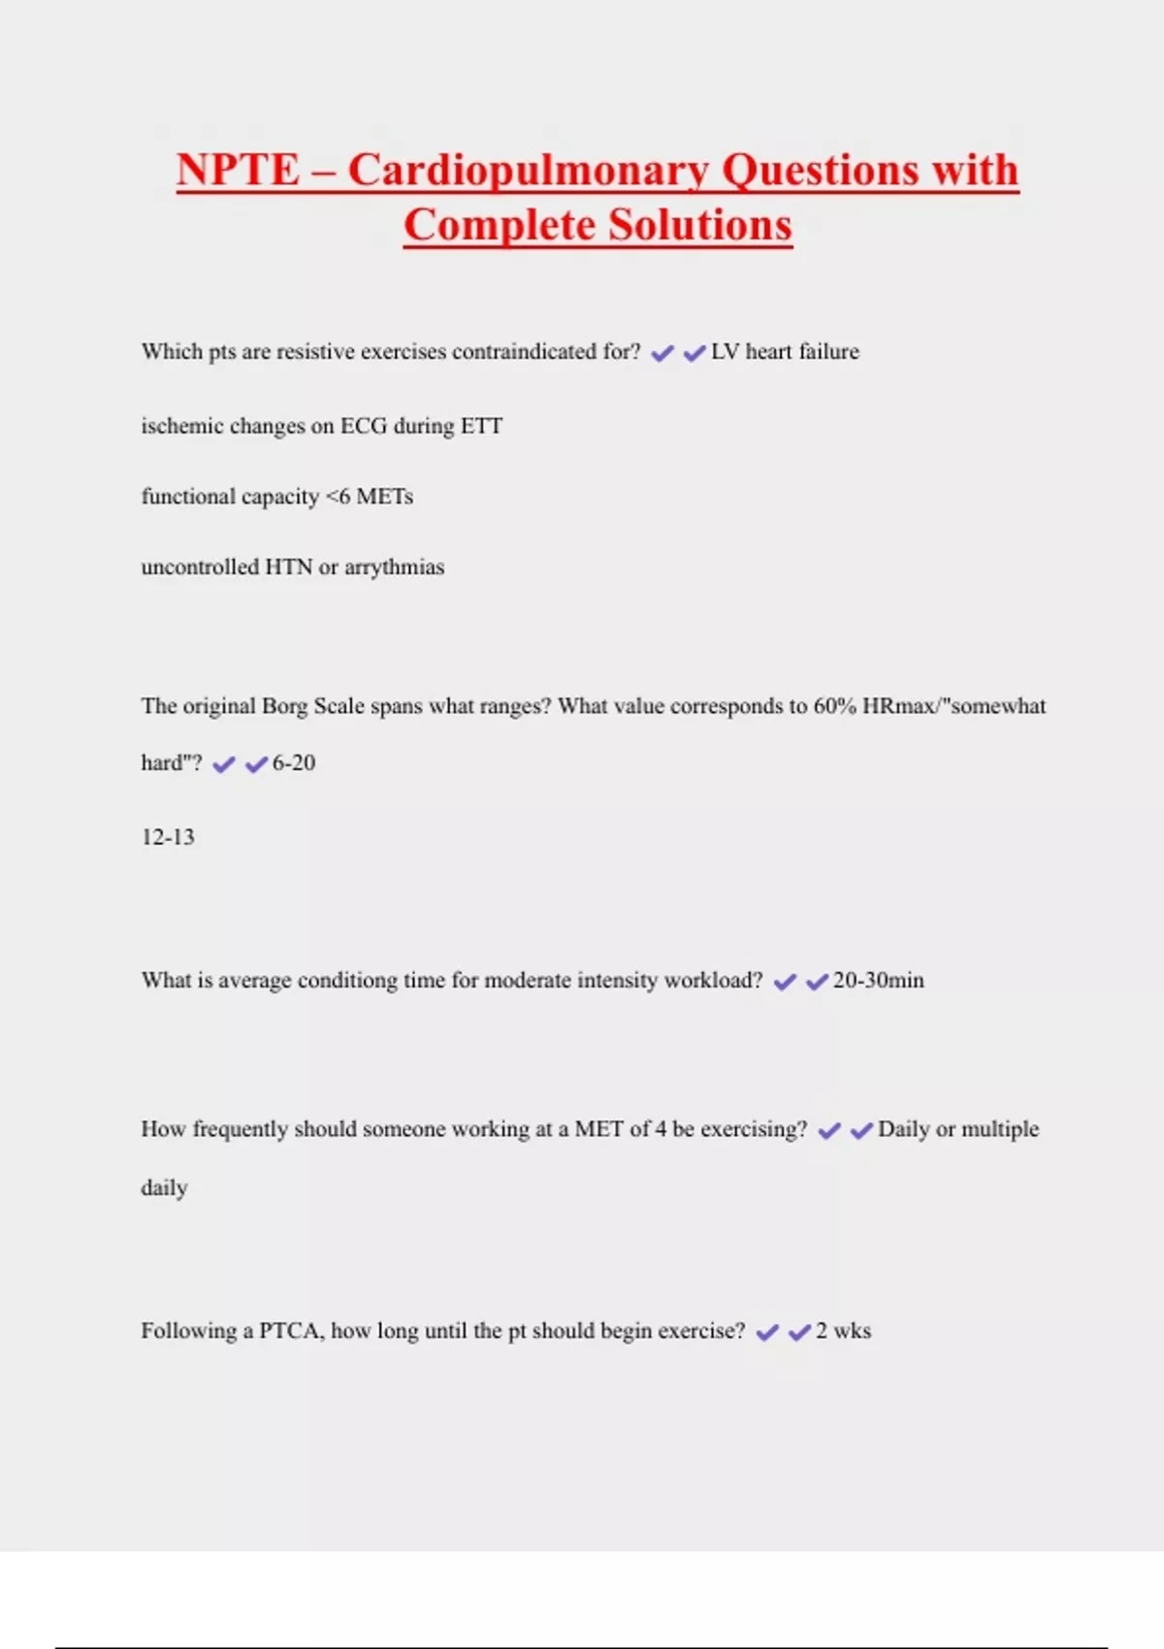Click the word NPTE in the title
coord(238,170)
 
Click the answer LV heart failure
coord(785,351)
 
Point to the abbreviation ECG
coord(363,426)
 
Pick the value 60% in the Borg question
coord(834,706)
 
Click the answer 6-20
coord(294,763)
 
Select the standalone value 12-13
coord(168,837)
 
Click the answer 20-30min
coord(878,981)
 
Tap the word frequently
coord(240,1130)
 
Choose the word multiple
coord(1000,1129)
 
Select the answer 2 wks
coord(843,1331)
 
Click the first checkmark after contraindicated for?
coord(663,353)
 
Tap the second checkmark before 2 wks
coord(799,1333)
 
